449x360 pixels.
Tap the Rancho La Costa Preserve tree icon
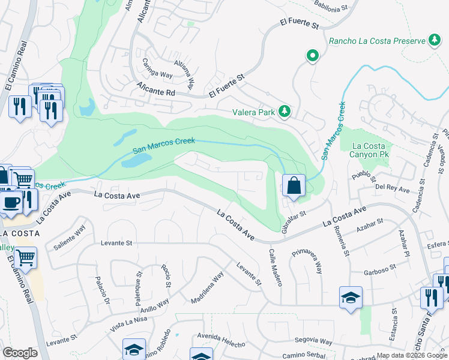pos(433,40)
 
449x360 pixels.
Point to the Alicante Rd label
pos(154,91)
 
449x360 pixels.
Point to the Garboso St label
pos(379,268)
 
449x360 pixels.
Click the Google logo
pos(20,352)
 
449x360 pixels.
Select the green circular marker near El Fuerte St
pos(312,56)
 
